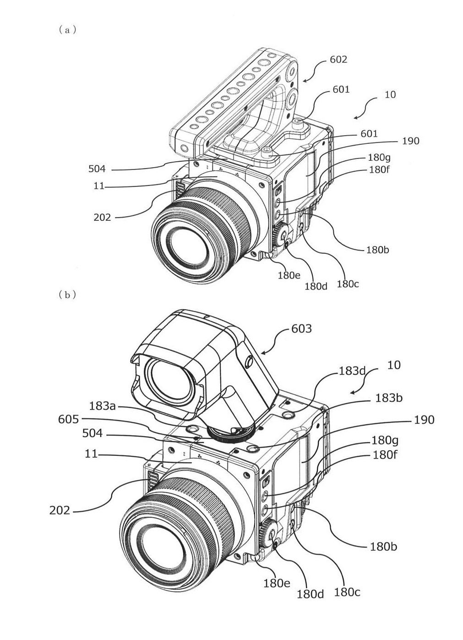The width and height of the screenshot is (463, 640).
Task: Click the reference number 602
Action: tap(338, 60)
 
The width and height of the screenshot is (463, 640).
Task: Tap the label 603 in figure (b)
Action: tap(301, 328)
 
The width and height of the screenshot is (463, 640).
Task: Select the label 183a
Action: tap(102, 406)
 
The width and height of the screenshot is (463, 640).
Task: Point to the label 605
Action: tap(68, 419)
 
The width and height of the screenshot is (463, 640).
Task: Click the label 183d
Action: tap(352, 371)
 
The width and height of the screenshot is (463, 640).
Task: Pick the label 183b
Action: tap(389, 398)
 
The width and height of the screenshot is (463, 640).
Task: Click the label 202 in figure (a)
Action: tap(102, 218)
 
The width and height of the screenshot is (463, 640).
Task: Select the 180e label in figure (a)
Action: tap(289, 275)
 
